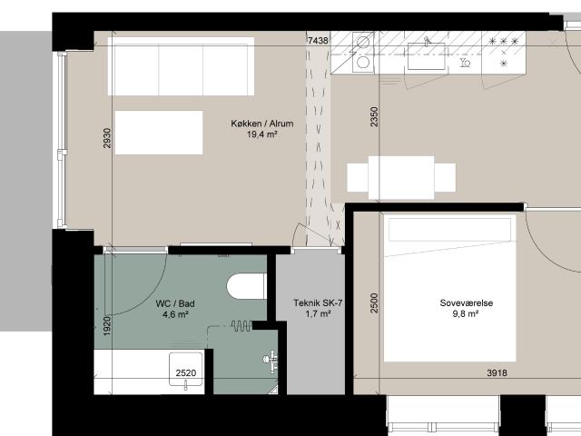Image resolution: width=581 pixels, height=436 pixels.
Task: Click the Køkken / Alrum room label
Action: pyautogui.click(x=262, y=124)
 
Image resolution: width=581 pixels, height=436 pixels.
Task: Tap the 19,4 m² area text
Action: pyautogui.click(x=262, y=134)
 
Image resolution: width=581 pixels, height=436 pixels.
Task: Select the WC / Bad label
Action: pyautogui.click(x=175, y=303)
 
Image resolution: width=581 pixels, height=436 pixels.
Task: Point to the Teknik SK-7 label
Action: pyautogui.click(x=318, y=302)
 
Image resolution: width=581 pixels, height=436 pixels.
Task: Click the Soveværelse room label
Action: pyautogui.click(x=466, y=302)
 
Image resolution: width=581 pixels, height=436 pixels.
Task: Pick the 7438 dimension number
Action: pyautogui.click(x=318, y=40)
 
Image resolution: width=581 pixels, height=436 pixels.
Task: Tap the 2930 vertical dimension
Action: pyautogui.click(x=107, y=138)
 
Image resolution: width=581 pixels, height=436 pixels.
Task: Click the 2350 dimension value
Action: pyautogui.click(x=374, y=117)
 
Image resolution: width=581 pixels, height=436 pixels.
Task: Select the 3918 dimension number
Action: pyautogui.click(x=497, y=373)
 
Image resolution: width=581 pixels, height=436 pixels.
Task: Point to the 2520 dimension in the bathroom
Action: pyautogui.click(x=186, y=373)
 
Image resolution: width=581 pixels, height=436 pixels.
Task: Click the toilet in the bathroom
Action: pyautogui.click(x=247, y=286)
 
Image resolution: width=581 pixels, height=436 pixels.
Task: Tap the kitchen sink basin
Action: pyautogui.click(x=426, y=56)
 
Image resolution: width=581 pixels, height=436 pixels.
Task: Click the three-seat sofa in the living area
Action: pyautogui.click(x=181, y=66)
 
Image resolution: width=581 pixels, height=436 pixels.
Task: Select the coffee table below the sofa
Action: pyautogui.click(x=159, y=133)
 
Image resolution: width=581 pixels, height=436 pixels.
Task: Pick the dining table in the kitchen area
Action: pyautogui.click(x=401, y=178)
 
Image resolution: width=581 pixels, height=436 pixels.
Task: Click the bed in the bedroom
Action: pyautogui.click(x=450, y=288)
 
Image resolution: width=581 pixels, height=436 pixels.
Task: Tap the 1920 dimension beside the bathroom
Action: pyautogui.click(x=107, y=326)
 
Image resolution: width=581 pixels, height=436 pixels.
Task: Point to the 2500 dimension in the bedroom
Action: pyautogui.click(x=374, y=302)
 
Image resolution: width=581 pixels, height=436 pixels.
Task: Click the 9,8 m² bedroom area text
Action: pyautogui.click(x=466, y=314)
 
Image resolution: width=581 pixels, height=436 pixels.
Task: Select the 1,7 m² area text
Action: pyautogui.click(x=318, y=314)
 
